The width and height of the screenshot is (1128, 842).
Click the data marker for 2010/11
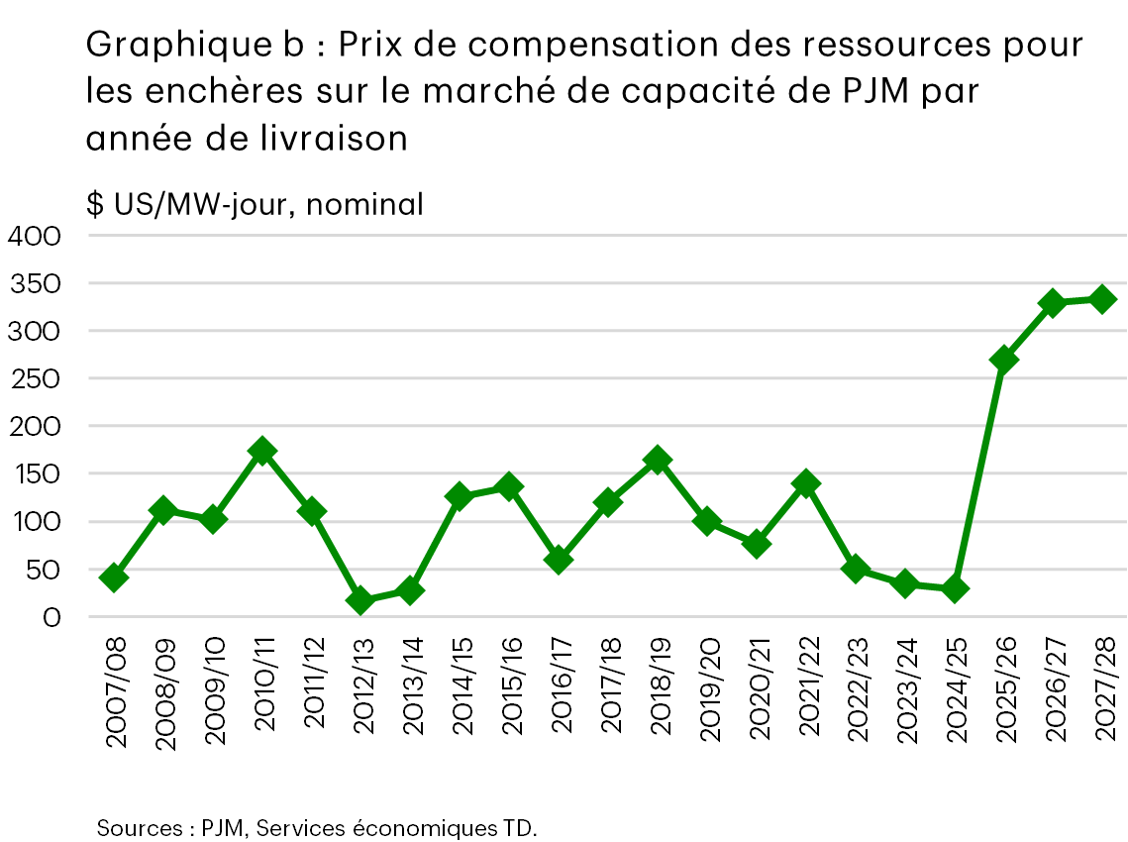[x=261, y=452]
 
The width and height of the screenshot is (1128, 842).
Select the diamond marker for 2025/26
[x=1003, y=360]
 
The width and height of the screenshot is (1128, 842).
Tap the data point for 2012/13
[x=360, y=600]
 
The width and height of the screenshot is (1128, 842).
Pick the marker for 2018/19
[x=657, y=461]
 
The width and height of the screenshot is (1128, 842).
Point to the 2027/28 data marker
[x=1102, y=299]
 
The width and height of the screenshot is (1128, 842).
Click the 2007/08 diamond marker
[x=114, y=578]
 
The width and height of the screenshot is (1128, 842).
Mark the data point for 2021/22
[x=805, y=484]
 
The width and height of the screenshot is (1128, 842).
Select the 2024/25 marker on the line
[x=955, y=589]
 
